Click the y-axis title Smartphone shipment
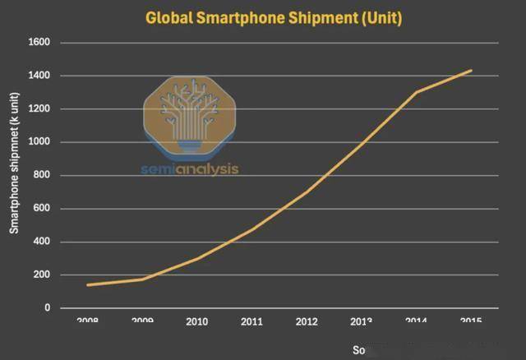pos(14,175)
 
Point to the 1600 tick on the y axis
pos(39,42)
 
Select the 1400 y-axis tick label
pos(39,76)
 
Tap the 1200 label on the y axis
pos(39,108)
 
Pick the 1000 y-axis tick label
pos(39,142)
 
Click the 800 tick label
pos(43,175)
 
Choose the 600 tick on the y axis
pos(43,209)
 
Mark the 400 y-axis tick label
pos(43,242)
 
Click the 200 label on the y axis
pos(43,275)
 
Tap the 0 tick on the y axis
pos(48,308)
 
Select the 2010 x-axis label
pos(196,321)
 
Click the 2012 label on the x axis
pos(307,321)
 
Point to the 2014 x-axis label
pos(417,321)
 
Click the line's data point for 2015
pos(472,71)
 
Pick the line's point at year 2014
pos(417,92)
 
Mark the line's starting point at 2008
pos(87,285)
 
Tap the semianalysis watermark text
pos(190,169)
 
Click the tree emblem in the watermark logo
pos(189,115)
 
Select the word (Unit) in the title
pos(375,17)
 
